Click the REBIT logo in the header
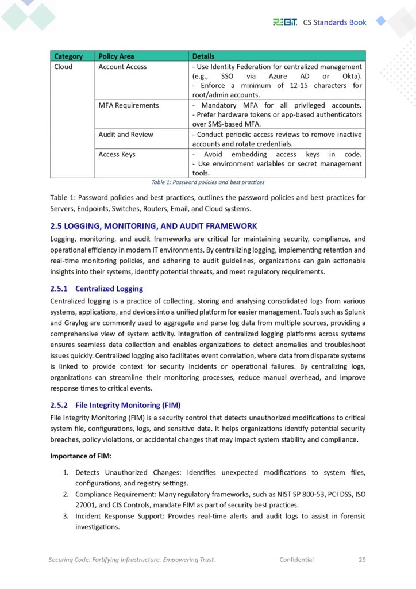(284, 22)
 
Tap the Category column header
(68, 56)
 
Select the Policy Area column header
(116, 56)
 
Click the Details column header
(203, 56)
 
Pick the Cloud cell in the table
(63, 67)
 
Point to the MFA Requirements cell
(129, 105)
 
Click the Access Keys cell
(117, 154)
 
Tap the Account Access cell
(122, 67)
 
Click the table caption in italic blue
(207, 182)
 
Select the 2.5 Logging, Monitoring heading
(153, 226)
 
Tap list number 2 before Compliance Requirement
(66, 494)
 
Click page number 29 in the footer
(362, 559)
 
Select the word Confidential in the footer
(296, 559)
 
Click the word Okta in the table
(353, 76)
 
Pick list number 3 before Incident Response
(66, 516)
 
